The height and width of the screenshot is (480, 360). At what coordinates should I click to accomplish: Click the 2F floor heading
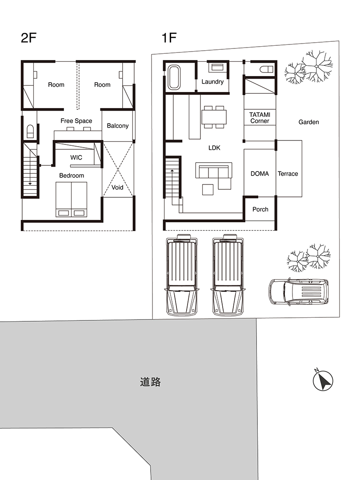tap(28, 38)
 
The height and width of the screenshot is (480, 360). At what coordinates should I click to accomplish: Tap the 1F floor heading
tap(169, 38)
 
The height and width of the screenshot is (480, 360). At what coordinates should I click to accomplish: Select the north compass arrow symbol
tap(323, 380)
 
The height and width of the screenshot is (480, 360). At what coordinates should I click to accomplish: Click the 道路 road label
tap(150, 382)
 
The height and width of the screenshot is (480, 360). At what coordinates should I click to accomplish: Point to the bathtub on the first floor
tap(174, 78)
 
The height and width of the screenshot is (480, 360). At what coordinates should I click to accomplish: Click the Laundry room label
tap(212, 82)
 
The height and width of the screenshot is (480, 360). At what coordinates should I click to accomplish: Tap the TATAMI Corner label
tap(260, 118)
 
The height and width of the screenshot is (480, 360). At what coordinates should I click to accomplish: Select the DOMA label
tap(260, 174)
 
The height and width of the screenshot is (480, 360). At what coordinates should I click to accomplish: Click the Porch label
tap(260, 209)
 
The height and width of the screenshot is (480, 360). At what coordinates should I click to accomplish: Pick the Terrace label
tap(288, 174)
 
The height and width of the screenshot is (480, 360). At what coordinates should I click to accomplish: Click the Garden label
tap(308, 122)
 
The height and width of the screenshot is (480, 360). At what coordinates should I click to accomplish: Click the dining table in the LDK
tap(214, 117)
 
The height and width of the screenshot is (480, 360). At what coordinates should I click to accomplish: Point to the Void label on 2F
tap(117, 188)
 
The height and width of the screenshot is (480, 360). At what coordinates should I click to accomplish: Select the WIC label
tap(76, 157)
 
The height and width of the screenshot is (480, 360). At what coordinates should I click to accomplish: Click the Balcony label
tap(117, 126)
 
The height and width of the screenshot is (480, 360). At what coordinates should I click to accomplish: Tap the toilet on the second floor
tap(31, 131)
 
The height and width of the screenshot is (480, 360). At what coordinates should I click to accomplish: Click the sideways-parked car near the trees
tap(299, 292)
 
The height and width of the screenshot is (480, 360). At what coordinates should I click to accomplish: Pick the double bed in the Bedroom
tap(71, 199)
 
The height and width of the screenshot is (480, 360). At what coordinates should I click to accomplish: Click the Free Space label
tap(76, 121)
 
